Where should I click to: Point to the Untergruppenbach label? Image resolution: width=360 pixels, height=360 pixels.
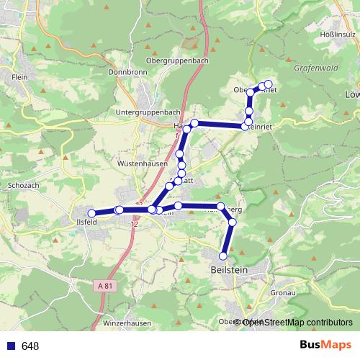148,113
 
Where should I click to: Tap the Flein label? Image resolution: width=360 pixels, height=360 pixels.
19,76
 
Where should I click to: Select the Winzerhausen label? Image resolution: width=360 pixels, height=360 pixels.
127,323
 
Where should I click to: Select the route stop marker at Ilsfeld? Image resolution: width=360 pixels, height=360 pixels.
91,213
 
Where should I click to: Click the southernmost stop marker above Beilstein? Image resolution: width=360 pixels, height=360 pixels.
223,256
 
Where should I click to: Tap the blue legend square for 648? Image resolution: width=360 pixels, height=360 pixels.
10,346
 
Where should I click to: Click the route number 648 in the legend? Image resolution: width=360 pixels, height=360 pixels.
30,346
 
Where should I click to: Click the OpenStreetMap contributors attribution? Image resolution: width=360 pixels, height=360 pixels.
297,323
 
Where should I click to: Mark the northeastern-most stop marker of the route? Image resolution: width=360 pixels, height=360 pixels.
269,84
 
